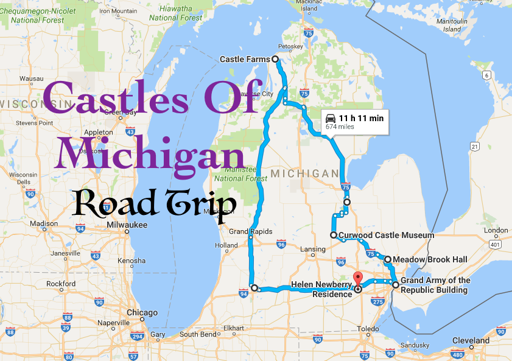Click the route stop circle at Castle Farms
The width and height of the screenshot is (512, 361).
click(x=275, y=59)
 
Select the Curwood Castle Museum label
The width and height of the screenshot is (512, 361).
click(x=386, y=235)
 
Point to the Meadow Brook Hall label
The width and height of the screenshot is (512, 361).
click(x=430, y=259)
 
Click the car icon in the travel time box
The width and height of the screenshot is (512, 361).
click(x=331, y=117)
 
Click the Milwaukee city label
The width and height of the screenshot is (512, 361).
click(x=126, y=225)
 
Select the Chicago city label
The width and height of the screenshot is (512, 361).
click(x=142, y=313)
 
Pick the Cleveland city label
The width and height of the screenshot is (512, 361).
click(x=471, y=340)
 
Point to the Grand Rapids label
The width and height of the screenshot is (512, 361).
click(x=250, y=231)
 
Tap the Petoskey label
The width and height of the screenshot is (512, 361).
click(x=290, y=46)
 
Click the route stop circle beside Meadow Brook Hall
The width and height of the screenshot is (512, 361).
click(x=387, y=259)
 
